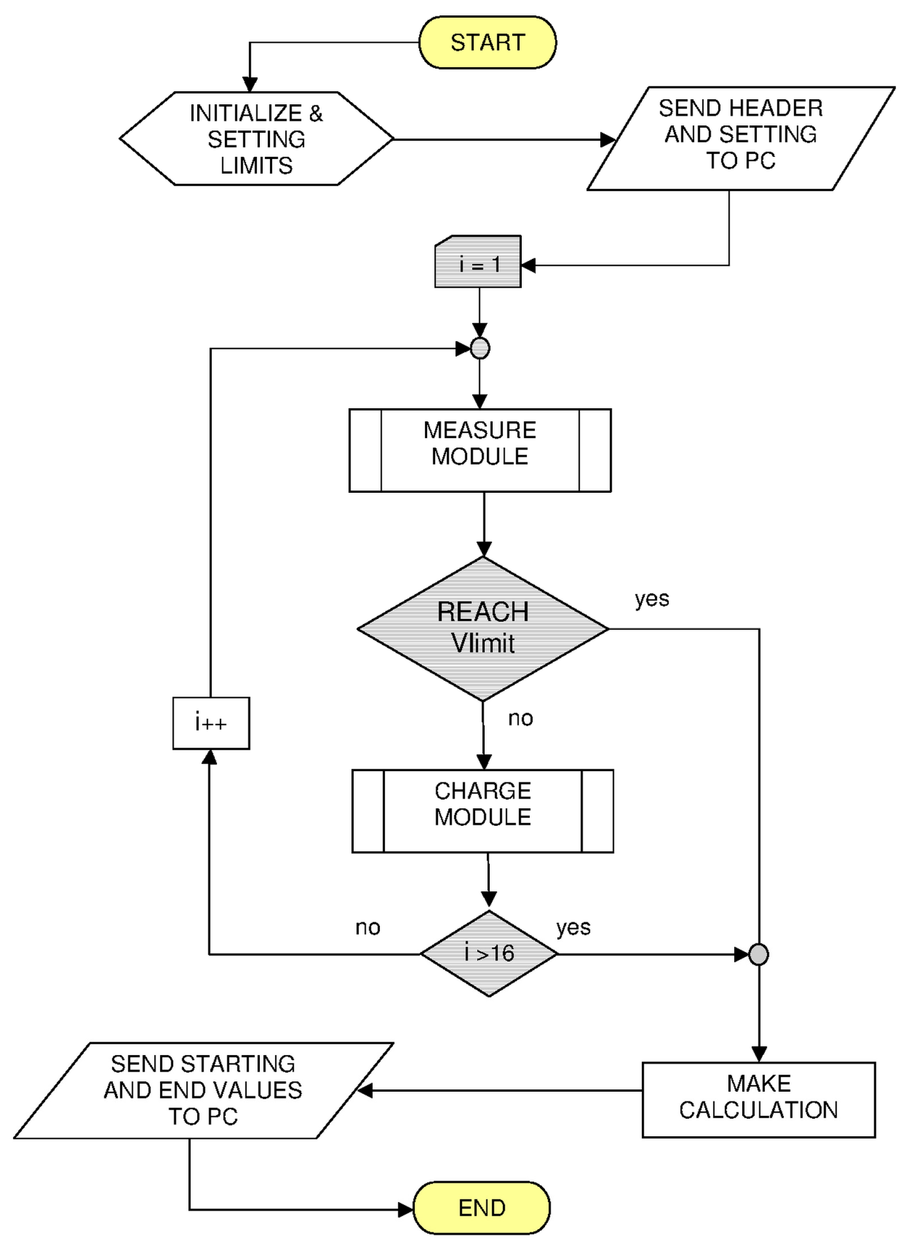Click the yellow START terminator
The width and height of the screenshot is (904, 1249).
coord(488,42)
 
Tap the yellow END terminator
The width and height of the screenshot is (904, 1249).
coord(482,1208)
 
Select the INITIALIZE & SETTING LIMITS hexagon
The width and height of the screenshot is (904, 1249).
coord(256,139)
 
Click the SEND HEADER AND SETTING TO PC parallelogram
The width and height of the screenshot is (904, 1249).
coord(740,139)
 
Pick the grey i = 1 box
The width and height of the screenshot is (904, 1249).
coord(478,262)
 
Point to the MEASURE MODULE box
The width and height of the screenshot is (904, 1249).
coord(480,451)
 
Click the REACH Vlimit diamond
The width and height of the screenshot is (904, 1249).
coord(483,629)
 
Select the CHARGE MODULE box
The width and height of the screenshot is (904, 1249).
coord(483,811)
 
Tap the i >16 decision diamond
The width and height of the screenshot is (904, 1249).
coord(489,954)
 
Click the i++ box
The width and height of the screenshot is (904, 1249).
coord(212,723)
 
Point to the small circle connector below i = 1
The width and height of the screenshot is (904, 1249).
coord(480,348)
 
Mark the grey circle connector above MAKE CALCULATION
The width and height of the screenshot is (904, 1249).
coord(759,954)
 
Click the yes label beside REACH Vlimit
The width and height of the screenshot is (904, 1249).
coord(652,599)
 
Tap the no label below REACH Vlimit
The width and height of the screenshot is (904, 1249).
coord(520,719)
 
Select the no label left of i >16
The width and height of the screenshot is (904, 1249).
coord(368,928)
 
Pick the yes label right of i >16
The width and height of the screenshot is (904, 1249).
coord(573,928)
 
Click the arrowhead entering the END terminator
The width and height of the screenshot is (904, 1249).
coord(406,1210)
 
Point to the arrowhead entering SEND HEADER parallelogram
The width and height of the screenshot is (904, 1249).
coord(608,139)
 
